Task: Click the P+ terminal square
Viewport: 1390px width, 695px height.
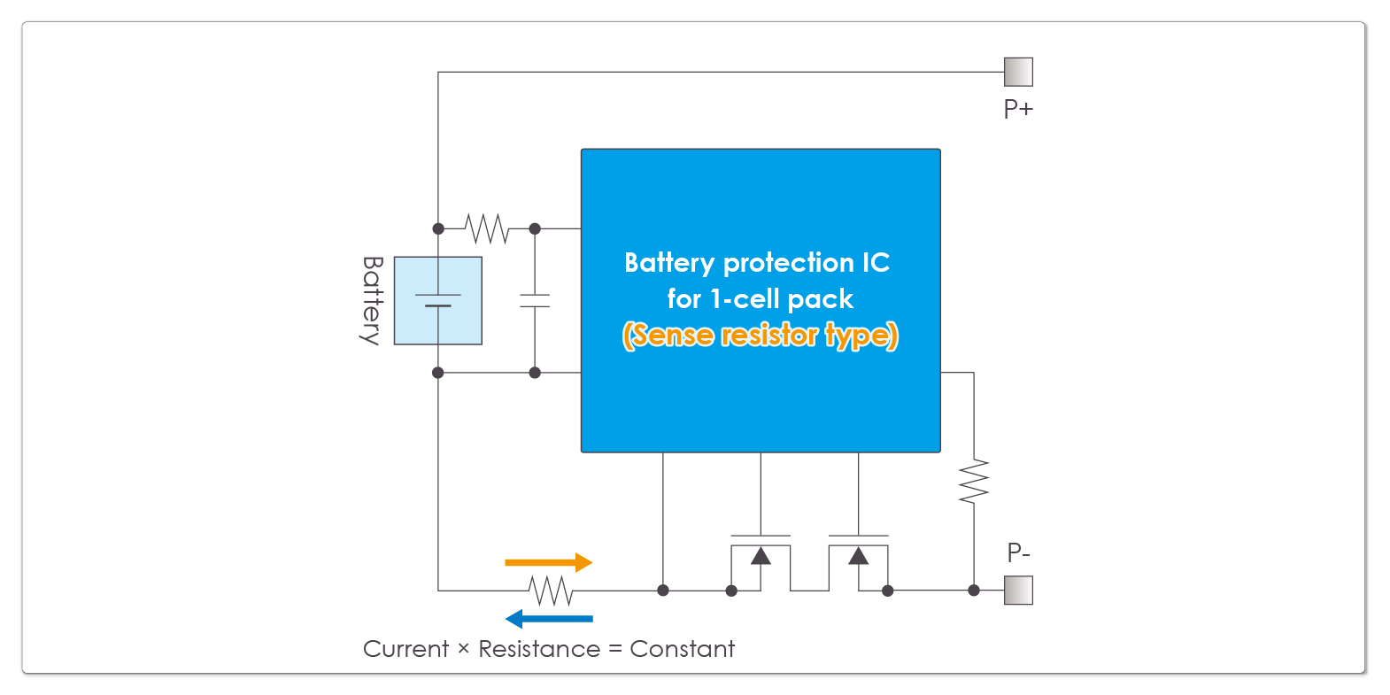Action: [x=1018, y=72]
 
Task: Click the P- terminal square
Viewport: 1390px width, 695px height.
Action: [x=1018, y=591]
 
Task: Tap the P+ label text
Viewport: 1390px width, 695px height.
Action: [x=1018, y=109]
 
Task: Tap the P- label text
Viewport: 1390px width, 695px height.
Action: [x=1018, y=553]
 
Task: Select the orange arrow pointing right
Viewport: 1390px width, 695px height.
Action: [x=548, y=562]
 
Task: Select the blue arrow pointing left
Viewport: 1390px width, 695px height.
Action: [x=548, y=619]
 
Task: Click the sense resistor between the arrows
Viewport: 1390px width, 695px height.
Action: [x=551, y=591]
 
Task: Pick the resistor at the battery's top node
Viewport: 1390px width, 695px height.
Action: [x=487, y=228]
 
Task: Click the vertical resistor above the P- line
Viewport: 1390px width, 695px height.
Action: [x=974, y=482]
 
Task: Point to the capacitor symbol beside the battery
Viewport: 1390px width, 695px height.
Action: [x=535, y=301]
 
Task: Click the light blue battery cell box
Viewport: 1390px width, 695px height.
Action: [x=437, y=301]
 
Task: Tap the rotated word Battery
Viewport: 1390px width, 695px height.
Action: [x=372, y=301]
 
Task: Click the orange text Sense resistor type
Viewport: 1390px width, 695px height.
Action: [x=761, y=336]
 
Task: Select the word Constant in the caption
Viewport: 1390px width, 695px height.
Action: [x=682, y=649]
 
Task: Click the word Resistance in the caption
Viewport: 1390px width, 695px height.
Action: [x=539, y=649]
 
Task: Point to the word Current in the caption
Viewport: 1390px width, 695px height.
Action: [x=405, y=649]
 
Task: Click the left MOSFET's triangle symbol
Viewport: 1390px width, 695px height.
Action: [x=761, y=556]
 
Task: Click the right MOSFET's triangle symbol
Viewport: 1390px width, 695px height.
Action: [x=858, y=556]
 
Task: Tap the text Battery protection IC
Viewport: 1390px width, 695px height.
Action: [x=757, y=263]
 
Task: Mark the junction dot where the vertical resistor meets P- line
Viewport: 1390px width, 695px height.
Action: [x=974, y=591]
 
